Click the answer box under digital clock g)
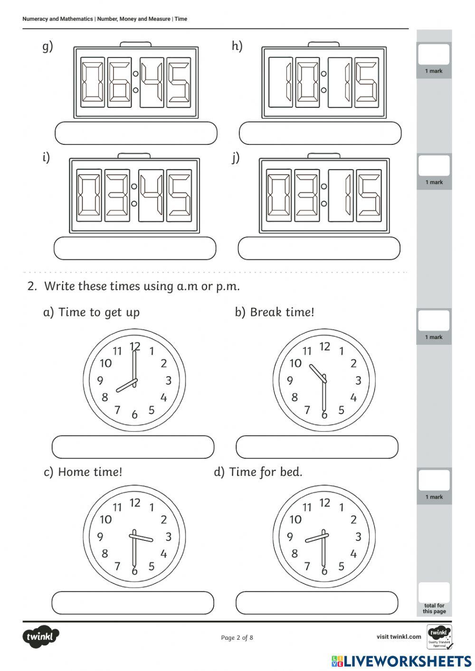(136, 133)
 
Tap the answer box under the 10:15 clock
(320, 133)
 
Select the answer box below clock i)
(135, 248)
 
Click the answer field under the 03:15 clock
(319, 248)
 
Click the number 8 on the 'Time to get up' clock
(105, 397)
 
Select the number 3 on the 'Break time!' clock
(358, 380)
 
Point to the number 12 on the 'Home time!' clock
(135, 502)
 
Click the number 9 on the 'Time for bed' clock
(290, 537)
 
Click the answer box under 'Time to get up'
(133, 447)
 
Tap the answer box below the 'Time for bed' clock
(317, 603)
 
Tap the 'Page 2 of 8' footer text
(237, 637)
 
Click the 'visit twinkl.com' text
(399, 637)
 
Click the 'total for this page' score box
(434, 594)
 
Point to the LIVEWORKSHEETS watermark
(401, 661)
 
